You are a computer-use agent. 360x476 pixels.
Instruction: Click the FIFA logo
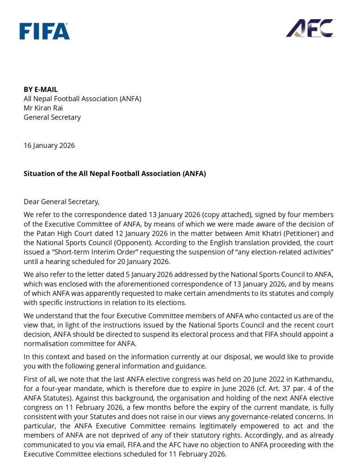click(x=45, y=31)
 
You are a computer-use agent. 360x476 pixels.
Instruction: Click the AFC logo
click(x=310, y=28)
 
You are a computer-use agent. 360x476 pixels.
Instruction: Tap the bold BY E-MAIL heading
click(x=41, y=89)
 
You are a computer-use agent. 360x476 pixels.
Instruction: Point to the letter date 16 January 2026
click(x=49, y=145)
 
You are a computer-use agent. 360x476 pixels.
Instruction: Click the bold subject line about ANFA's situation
click(x=115, y=173)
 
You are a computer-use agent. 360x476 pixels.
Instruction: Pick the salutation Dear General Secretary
click(x=61, y=202)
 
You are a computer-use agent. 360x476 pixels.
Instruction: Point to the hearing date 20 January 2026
click(x=141, y=261)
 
